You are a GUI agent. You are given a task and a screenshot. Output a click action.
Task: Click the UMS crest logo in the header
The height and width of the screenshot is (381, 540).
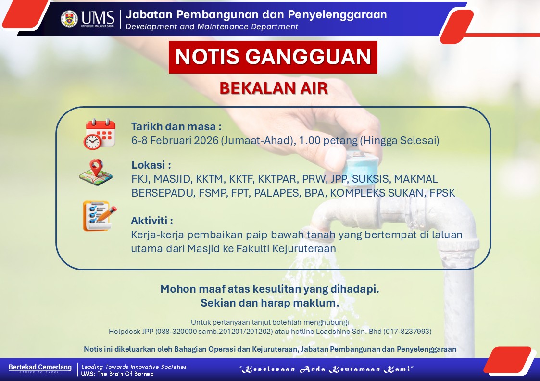69,19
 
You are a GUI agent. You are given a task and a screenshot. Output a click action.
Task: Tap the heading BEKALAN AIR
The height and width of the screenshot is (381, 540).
274,88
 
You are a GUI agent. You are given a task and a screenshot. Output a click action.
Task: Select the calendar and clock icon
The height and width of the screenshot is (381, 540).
99,134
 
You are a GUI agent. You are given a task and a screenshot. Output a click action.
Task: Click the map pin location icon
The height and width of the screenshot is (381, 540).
96,172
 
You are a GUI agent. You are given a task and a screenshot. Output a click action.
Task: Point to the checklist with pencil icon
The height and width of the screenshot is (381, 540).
100,216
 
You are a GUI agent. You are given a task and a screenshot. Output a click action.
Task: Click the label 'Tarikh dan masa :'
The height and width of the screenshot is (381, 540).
176,127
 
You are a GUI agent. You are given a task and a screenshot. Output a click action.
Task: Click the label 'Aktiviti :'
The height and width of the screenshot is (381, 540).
152,221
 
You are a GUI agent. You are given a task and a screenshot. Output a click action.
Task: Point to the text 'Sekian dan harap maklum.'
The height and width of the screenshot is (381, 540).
270,303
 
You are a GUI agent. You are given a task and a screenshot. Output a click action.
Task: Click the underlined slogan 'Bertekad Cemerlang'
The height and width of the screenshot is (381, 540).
40,367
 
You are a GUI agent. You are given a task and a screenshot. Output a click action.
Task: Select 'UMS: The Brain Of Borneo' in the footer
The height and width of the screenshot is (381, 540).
117,374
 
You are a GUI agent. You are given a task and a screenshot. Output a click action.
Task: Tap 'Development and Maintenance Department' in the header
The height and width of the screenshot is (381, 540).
212,27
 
